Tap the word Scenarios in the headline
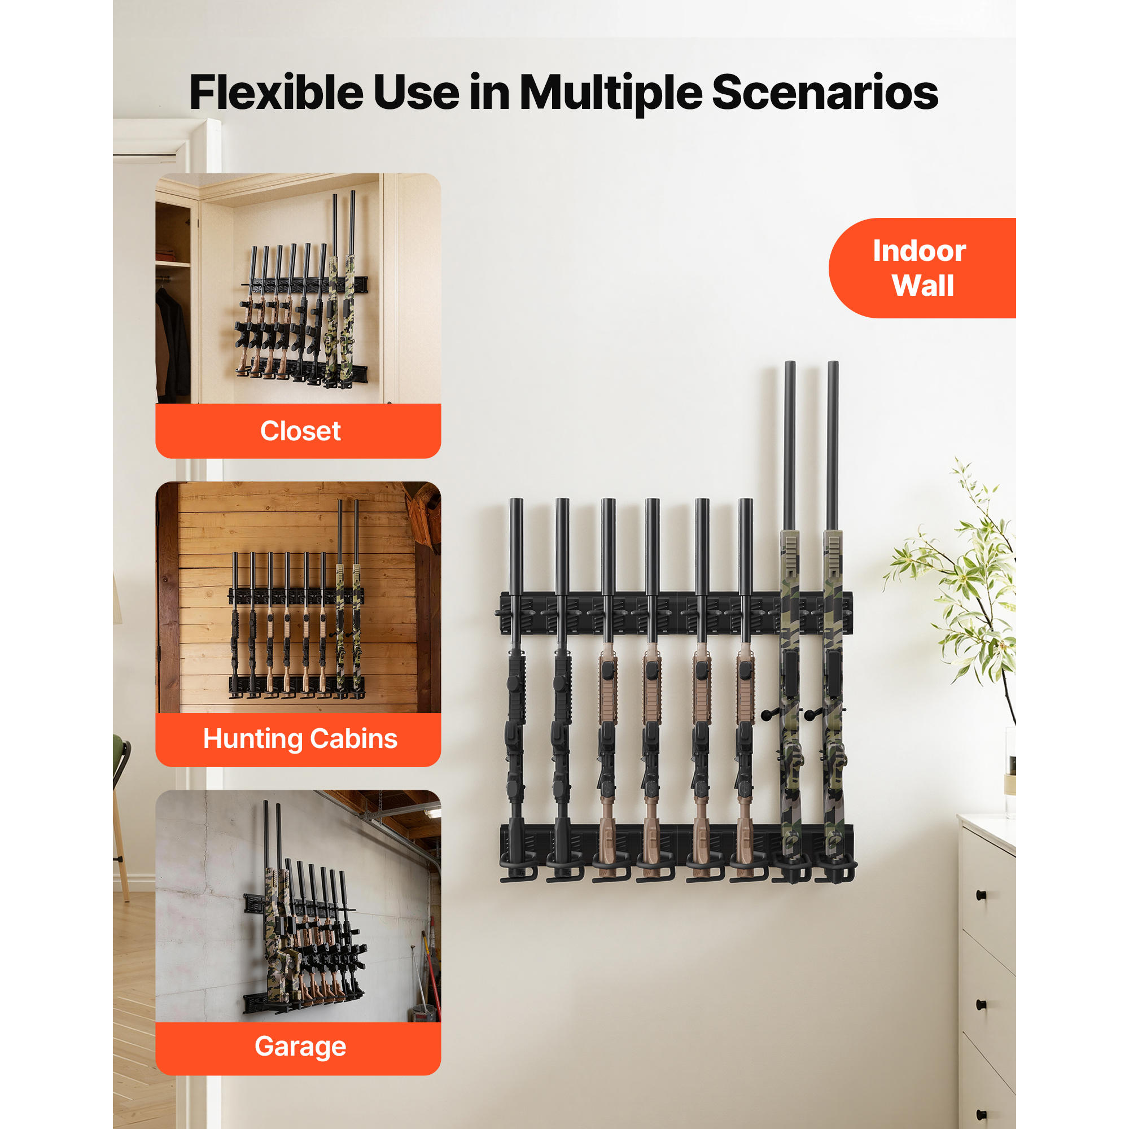click(x=825, y=93)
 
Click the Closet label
click(x=300, y=431)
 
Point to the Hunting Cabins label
click(x=300, y=738)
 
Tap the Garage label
click(x=300, y=1046)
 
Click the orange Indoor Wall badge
click(x=922, y=268)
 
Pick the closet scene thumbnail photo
click(x=298, y=288)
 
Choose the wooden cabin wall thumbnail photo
click(x=298, y=597)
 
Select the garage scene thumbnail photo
click(x=298, y=905)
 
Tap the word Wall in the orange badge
click(x=923, y=286)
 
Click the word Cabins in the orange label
click(x=354, y=738)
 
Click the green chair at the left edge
click(x=120, y=754)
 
